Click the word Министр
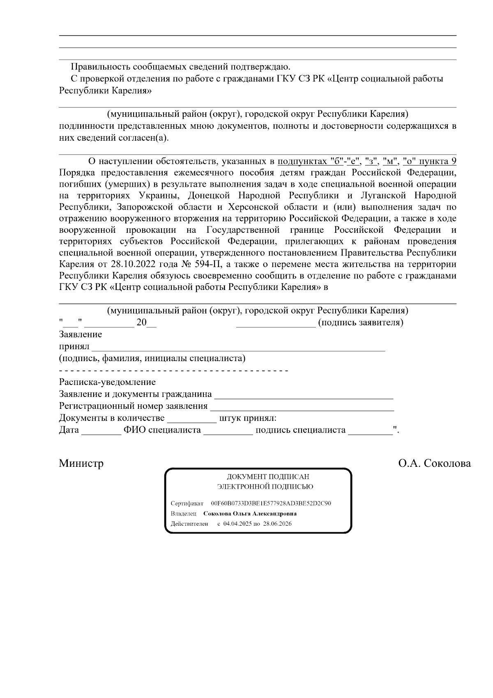[81, 464]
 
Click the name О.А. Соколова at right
[434, 464]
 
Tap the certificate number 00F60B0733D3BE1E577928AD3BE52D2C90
[271, 503]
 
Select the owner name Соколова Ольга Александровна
[250, 514]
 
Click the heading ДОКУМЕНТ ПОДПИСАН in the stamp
[268, 477]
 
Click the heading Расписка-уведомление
[107, 382]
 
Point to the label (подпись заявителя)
[361, 322]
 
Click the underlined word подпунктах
[302, 161]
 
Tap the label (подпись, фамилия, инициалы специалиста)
[152, 358]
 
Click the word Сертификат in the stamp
[187, 503]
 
